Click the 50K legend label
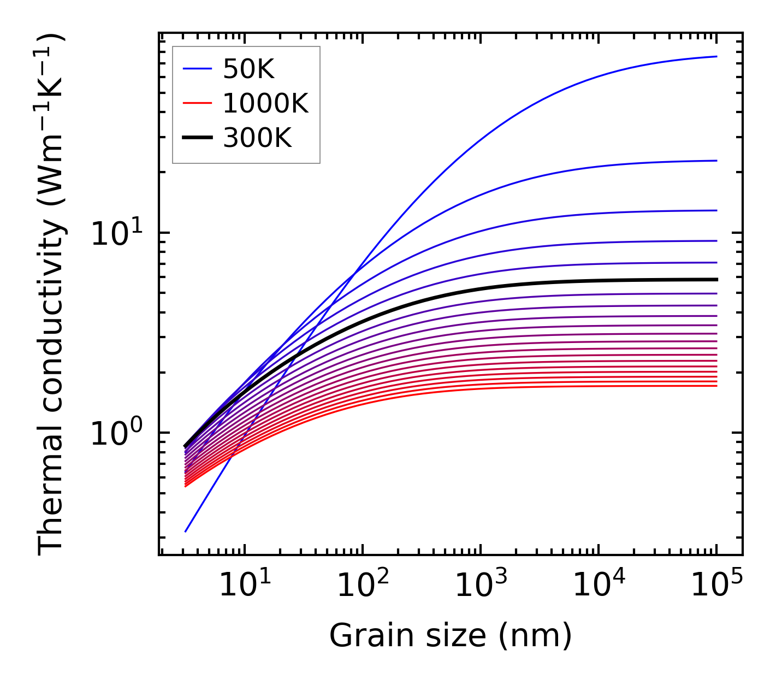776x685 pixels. click(248, 69)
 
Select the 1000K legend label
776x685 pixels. click(265, 104)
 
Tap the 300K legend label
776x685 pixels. click(257, 138)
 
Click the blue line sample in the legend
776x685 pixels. click(197, 69)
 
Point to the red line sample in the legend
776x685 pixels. click(197, 103)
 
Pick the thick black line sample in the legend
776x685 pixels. click(197, 138)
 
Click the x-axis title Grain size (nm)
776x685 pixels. click(451, 636)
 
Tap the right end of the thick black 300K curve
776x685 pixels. click(716, 279)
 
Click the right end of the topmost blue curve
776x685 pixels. click(716, 56)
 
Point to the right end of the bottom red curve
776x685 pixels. click(716, 386)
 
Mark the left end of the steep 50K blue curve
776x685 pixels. click(186, 531)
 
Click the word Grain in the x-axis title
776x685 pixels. click(356, 636)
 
